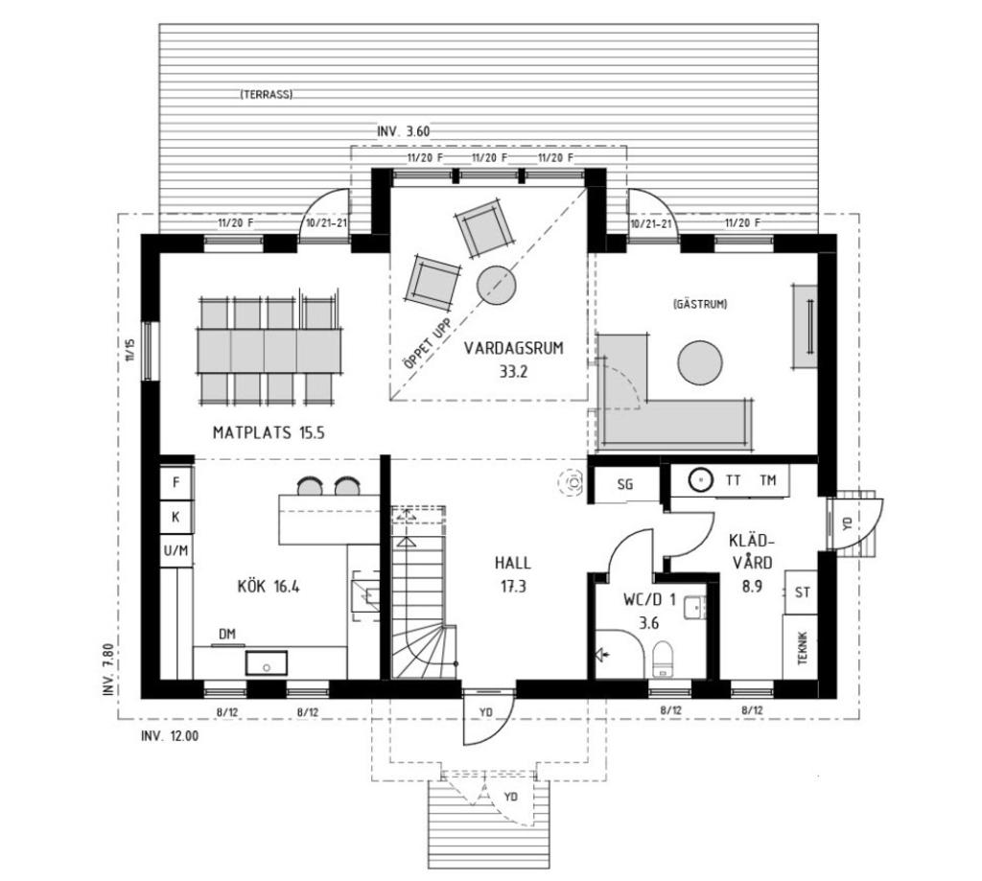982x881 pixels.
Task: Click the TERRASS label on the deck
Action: pyautogui.click(x=266, y=95)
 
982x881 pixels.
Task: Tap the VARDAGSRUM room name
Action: pyautogui.click(x=514, y=348)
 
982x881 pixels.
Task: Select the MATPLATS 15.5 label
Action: pyautogui.click(x=269, y=432)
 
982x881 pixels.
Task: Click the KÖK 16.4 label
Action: pyautogui.click(x=269, y=587)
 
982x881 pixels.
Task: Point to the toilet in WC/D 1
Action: pyautogui.click(x=663, y=658)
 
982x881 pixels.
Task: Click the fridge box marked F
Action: pyautogui.click(x=176, y=483)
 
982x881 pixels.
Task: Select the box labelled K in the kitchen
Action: pyautogui.click(x=176, y=518)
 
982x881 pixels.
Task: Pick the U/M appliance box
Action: pyautogui.click(x=176, y=551)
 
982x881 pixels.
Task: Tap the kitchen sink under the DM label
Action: pyautogui.click(x=267, y=662)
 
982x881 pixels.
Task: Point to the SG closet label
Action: pyautogui.click(x=625, y=484)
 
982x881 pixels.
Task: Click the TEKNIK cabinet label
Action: pyautogui.click(x=804, y=647)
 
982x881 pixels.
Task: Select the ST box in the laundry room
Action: pyautogui.click(x=803, y=591)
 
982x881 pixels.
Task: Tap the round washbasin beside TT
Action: pyautogui.click(x=701, y=480)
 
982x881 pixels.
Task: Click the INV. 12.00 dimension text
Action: pyautogui.click(x=170, y=736)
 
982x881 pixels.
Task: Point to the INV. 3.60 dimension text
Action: pyautogui.click(x=404, y=131)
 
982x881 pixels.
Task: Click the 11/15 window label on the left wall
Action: pyautogui.click(x=129, y=350)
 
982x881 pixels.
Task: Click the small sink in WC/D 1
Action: pyautogui.click(x=694, y=607)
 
